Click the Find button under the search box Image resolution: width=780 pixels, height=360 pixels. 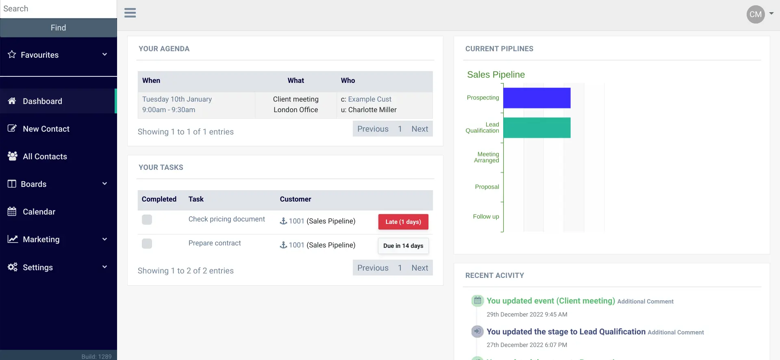[58, 28]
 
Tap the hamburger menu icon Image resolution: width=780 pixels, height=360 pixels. [130, 13]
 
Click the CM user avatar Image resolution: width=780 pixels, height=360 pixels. [755, 15]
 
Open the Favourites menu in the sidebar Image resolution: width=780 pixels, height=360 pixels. [58, 55]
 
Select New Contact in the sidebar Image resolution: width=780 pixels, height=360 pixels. [46, 129]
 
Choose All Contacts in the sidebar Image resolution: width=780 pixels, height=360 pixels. [45, 156]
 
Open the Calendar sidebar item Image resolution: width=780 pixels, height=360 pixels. [39, 212]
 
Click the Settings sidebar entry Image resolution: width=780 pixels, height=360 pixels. [37, 267]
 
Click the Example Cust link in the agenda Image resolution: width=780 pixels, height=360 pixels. [369, 99]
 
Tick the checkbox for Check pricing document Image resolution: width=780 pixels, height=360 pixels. [147, 220]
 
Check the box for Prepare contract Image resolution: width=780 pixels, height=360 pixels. [147, 244]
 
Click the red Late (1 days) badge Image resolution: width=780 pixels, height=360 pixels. [403, 222]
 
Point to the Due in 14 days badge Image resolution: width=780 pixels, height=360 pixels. [403, 246]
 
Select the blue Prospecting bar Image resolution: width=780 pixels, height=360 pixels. [537, 98]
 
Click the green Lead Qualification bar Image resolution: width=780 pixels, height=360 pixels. [537, 128]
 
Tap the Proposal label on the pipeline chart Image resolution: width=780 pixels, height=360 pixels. [487, 187]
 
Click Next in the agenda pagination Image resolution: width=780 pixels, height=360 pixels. [419, 129]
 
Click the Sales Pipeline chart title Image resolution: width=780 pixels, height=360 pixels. [496, 75]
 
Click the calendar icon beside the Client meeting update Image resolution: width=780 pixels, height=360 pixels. [477, 301]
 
